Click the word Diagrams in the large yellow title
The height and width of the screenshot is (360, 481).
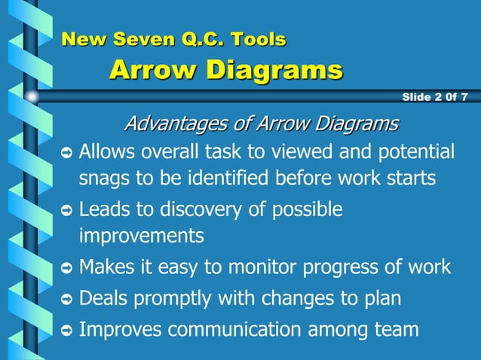pyautogui.click(x=274, y=71)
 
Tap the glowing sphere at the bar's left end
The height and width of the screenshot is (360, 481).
pyautogui.click(x=32, y=96)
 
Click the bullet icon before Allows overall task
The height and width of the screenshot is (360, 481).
pyautogui.click(x=66, y=154)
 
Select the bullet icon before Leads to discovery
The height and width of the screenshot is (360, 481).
pyautogui.click(x=66, y=211)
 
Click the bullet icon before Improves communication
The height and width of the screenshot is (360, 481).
pyautogui.click(x=66, y=331)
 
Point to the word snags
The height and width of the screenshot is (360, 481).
pyautogui.click(x=102, y=180)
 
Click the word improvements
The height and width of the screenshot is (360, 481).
pyautogui.click(x=142, y=236)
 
